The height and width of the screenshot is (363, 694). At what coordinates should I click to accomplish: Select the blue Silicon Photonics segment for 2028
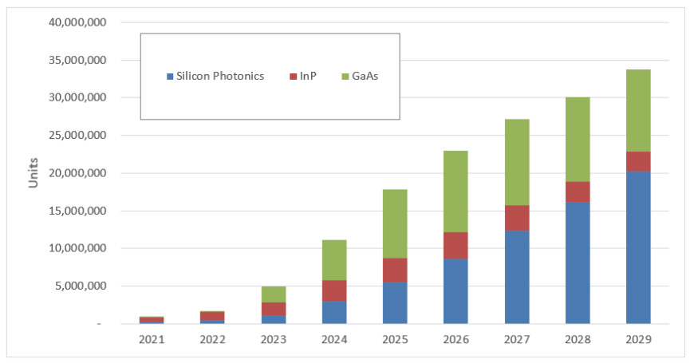(578, 262)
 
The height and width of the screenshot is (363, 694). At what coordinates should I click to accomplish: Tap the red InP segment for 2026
(455, 245)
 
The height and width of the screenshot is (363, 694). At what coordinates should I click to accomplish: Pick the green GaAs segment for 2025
(395, 223)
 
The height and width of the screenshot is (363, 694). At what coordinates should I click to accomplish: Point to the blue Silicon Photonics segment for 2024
(334, 312)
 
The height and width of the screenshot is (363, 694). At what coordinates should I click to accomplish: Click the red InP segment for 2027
(516, 218)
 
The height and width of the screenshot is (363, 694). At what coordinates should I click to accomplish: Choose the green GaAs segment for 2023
(274, 294)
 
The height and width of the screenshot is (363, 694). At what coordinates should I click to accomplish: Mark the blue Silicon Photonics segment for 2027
(516, 277)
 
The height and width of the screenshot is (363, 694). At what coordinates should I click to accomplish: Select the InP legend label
(308, 77)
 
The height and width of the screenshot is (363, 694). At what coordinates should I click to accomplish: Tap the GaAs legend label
(365, 77)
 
